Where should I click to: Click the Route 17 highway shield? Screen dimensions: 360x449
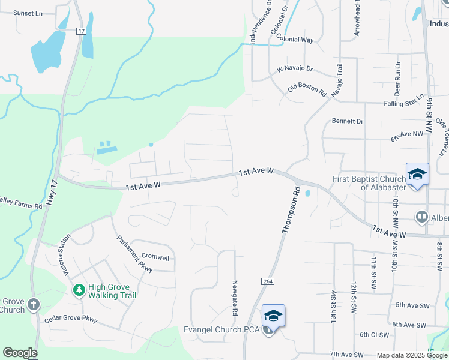click(x=82, y=31)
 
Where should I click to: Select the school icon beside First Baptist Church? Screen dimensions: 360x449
click(x=417, y=175)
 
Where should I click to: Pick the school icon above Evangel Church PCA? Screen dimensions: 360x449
click(x=273, y=316)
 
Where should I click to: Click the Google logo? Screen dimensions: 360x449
click(x=20, y=353)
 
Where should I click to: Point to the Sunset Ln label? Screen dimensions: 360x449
click(x=28, y=13)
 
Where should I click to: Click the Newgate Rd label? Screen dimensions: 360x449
click(x=235, y=298)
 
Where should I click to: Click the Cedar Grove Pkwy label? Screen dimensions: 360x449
click(x=71, y=318)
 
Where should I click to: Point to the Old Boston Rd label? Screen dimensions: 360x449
click(x=307, y=90)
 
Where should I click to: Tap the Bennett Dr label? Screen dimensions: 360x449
click(x=348, y=121)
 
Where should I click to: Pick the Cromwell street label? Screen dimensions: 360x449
click(x=155, y=257)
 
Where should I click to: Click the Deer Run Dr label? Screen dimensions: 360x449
click(x=397, y=79)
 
